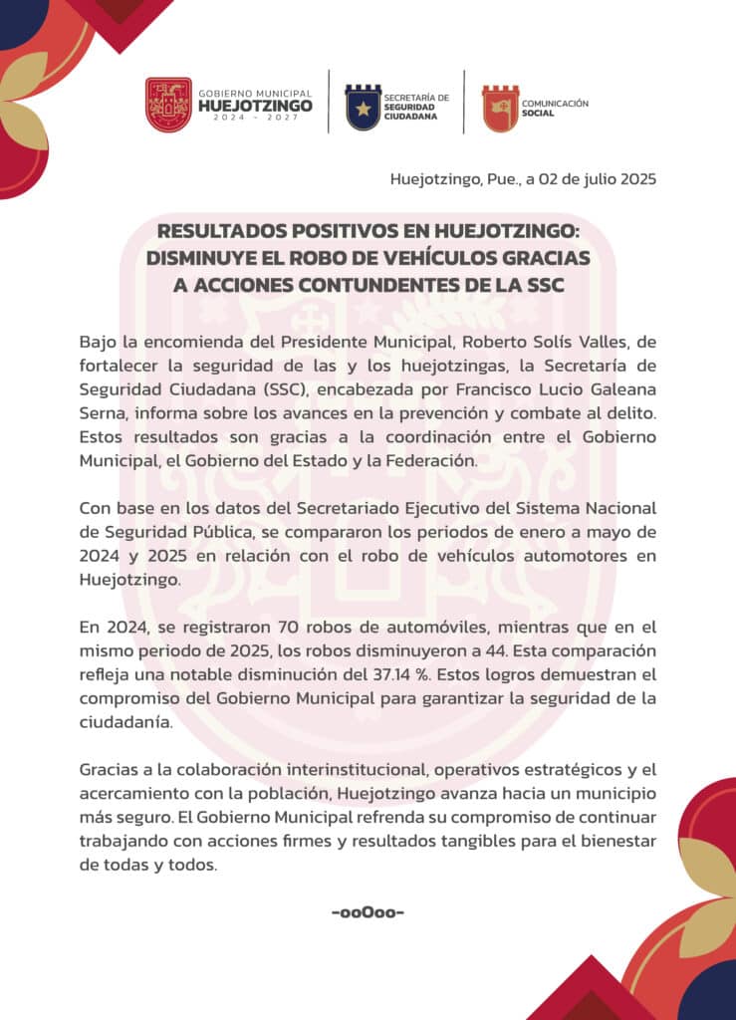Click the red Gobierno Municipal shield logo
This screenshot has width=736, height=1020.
point(168,105)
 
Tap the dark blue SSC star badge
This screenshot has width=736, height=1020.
point(363,107)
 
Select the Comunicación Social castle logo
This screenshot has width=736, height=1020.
point(500,108)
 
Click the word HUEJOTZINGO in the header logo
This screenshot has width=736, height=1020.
point(255,105)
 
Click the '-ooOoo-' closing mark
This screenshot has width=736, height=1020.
point(368,912)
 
